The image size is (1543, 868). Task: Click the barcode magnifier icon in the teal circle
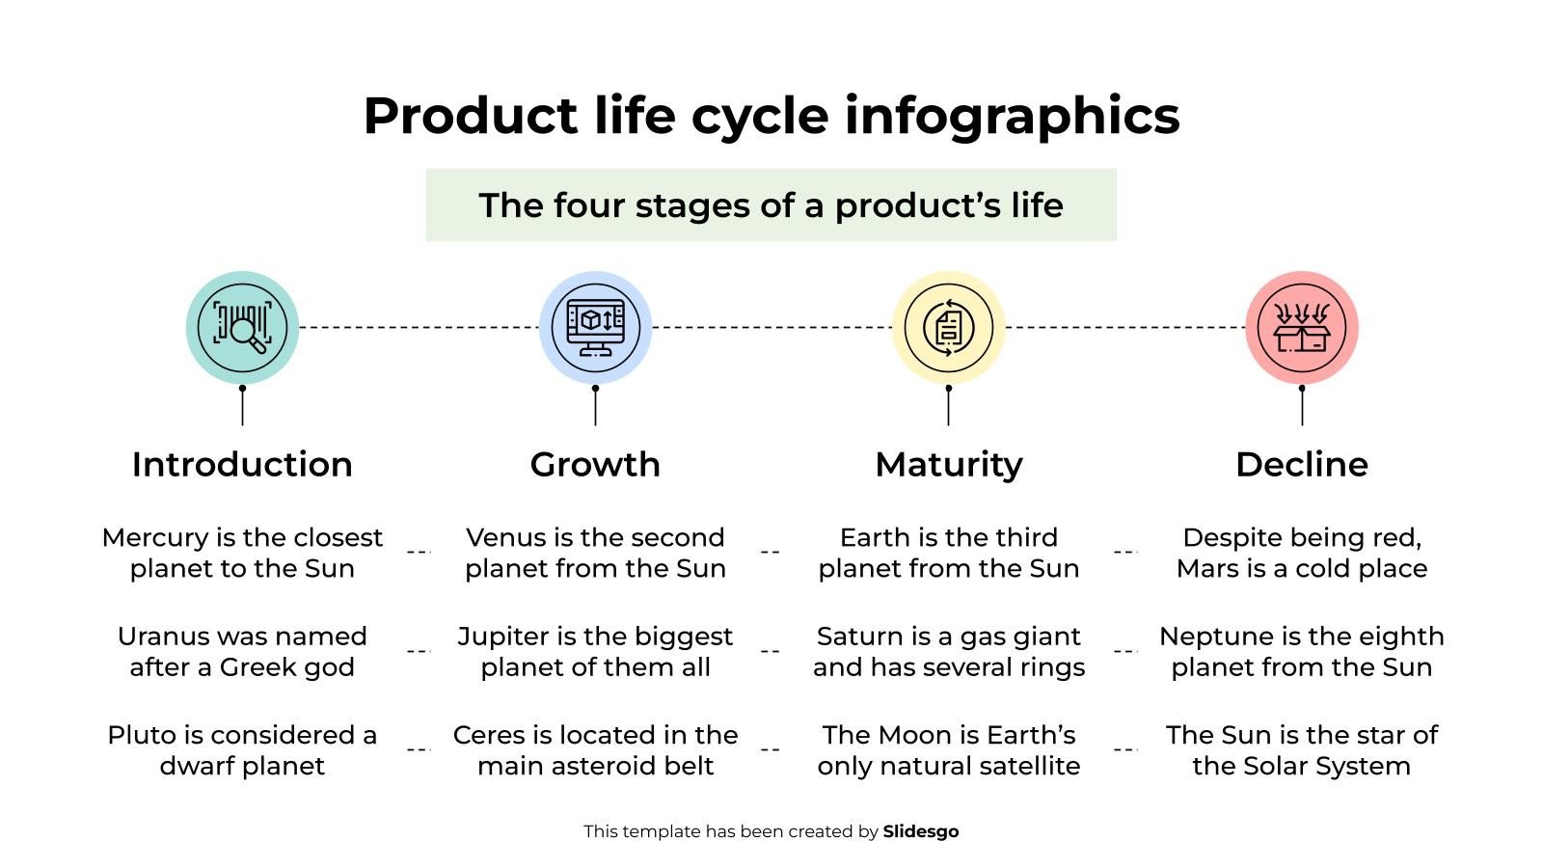coord(242,328)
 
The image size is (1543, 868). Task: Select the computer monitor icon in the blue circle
coord(595,328)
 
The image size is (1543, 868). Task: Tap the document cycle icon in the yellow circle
coord(948,328)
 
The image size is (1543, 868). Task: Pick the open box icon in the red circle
coord(1301,328)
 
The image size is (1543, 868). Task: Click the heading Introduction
coord(242,465)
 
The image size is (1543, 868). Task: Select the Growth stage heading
coord(595,465)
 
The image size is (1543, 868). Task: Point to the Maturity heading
coord(948,465)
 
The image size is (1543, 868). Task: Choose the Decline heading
coord(1301,465)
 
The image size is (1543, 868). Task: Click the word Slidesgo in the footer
coord(920,831)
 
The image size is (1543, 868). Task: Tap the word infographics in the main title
coord(1012,116)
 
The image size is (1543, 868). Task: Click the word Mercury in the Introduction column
coord(147,537)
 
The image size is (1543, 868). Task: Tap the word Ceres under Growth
coord(488,735)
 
